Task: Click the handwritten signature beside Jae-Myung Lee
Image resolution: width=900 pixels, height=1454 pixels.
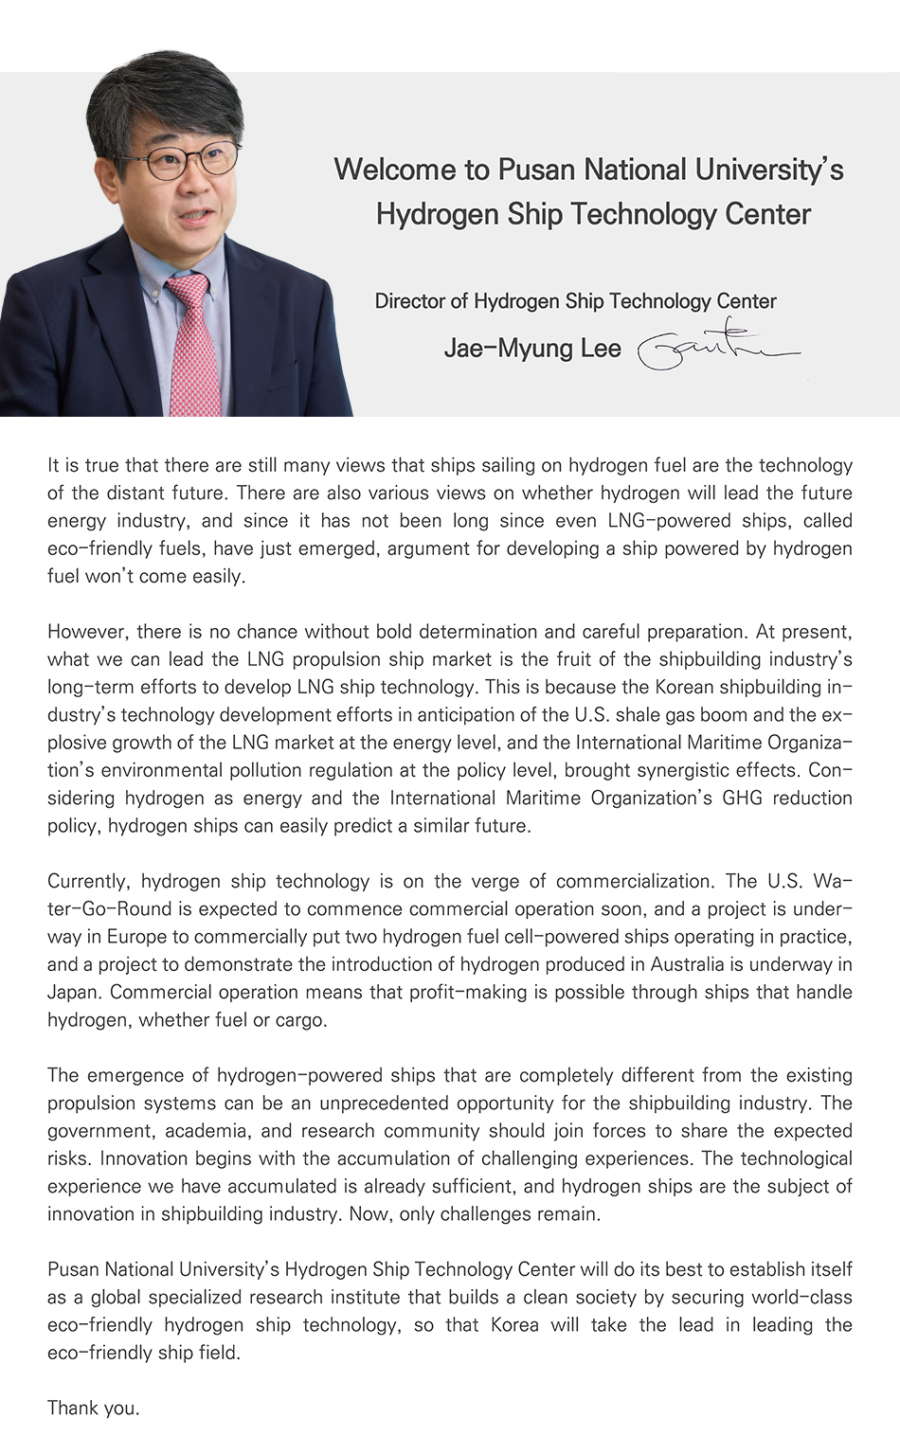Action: (x=717, y=348)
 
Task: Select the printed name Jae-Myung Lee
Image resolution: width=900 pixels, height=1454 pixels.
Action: (x=532, y=349)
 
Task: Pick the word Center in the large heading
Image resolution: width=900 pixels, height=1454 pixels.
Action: (x=767, y=214)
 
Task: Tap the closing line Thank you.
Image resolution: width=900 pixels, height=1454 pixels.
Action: (x=94, y=1408)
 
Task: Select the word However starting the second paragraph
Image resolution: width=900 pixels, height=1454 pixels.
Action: (x=85, y=632)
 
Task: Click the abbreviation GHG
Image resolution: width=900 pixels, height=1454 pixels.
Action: (x=742, y=798)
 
